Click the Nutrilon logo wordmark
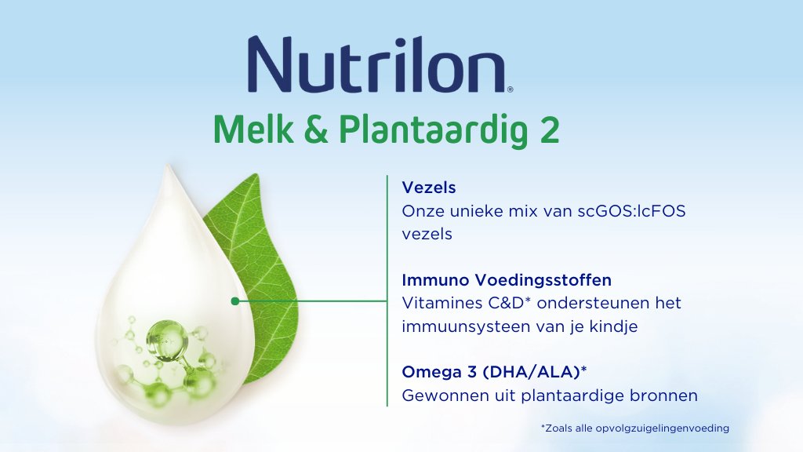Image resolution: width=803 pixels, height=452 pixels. click(x=377, y=64)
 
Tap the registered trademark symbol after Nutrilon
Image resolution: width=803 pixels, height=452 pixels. click(x=510, y=89)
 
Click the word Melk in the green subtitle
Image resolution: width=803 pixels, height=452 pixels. click(x=253, y=129)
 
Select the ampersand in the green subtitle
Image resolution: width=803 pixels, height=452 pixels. click(x=316, y=129)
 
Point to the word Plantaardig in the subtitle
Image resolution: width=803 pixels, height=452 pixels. click(x=434, y=131)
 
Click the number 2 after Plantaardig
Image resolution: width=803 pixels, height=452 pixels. click(x=550, y=130)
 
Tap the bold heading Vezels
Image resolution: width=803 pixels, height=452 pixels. click(x=429, y=188)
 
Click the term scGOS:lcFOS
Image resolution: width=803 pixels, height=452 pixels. click(x=631, y=210)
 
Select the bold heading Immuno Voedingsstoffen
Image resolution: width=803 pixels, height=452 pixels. click(x=507, y=280)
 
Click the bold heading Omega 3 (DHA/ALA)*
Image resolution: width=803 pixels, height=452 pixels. click(x=494, y=371)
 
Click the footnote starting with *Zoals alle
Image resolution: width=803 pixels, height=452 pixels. click(x=635, y=428)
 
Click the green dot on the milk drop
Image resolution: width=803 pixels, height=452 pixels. click(x=235, y=301)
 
